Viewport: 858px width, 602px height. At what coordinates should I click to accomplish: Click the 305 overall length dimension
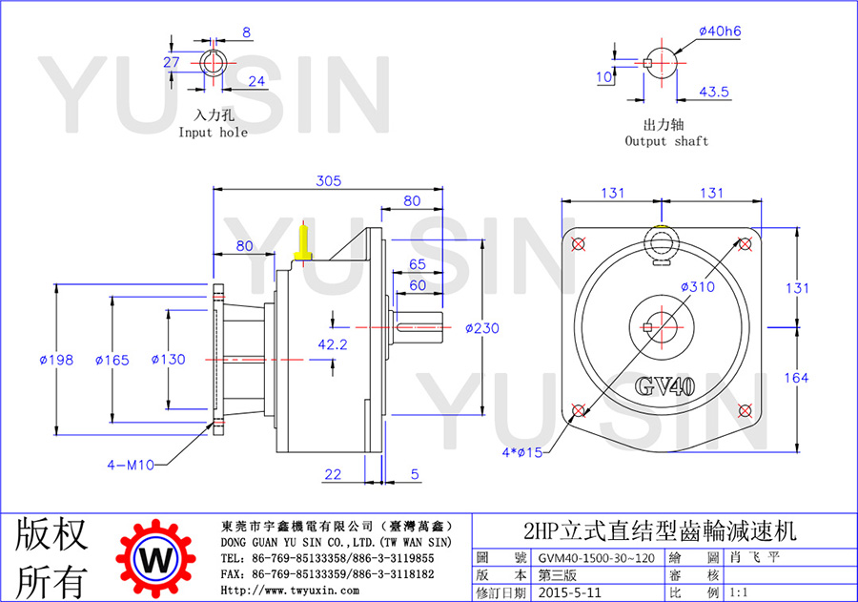328,180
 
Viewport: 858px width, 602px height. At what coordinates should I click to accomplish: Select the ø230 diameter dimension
482,328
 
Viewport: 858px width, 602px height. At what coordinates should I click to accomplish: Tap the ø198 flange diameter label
57,360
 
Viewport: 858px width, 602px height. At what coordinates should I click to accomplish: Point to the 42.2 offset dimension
333,344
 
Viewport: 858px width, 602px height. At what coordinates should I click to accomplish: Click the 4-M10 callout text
131,465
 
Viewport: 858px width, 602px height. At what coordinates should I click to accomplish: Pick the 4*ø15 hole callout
522,452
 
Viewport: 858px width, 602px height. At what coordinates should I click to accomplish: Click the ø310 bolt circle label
698,286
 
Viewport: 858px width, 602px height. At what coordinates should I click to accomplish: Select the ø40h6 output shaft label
720,31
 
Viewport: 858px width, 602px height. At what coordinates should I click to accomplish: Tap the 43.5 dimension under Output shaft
714,92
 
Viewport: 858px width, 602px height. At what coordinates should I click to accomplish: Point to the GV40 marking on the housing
664,386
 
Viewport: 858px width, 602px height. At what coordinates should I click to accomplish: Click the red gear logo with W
156,559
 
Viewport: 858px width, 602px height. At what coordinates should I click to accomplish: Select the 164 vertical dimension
796,378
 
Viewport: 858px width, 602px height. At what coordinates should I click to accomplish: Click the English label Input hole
213,133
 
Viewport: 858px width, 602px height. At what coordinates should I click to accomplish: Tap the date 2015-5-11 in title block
570,592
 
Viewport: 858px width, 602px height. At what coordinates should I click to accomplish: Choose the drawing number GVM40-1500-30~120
597,558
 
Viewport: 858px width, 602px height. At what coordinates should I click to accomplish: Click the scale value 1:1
739,592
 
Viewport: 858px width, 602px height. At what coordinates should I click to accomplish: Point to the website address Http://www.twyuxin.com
290,591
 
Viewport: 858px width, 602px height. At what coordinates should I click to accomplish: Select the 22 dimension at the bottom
333,474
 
